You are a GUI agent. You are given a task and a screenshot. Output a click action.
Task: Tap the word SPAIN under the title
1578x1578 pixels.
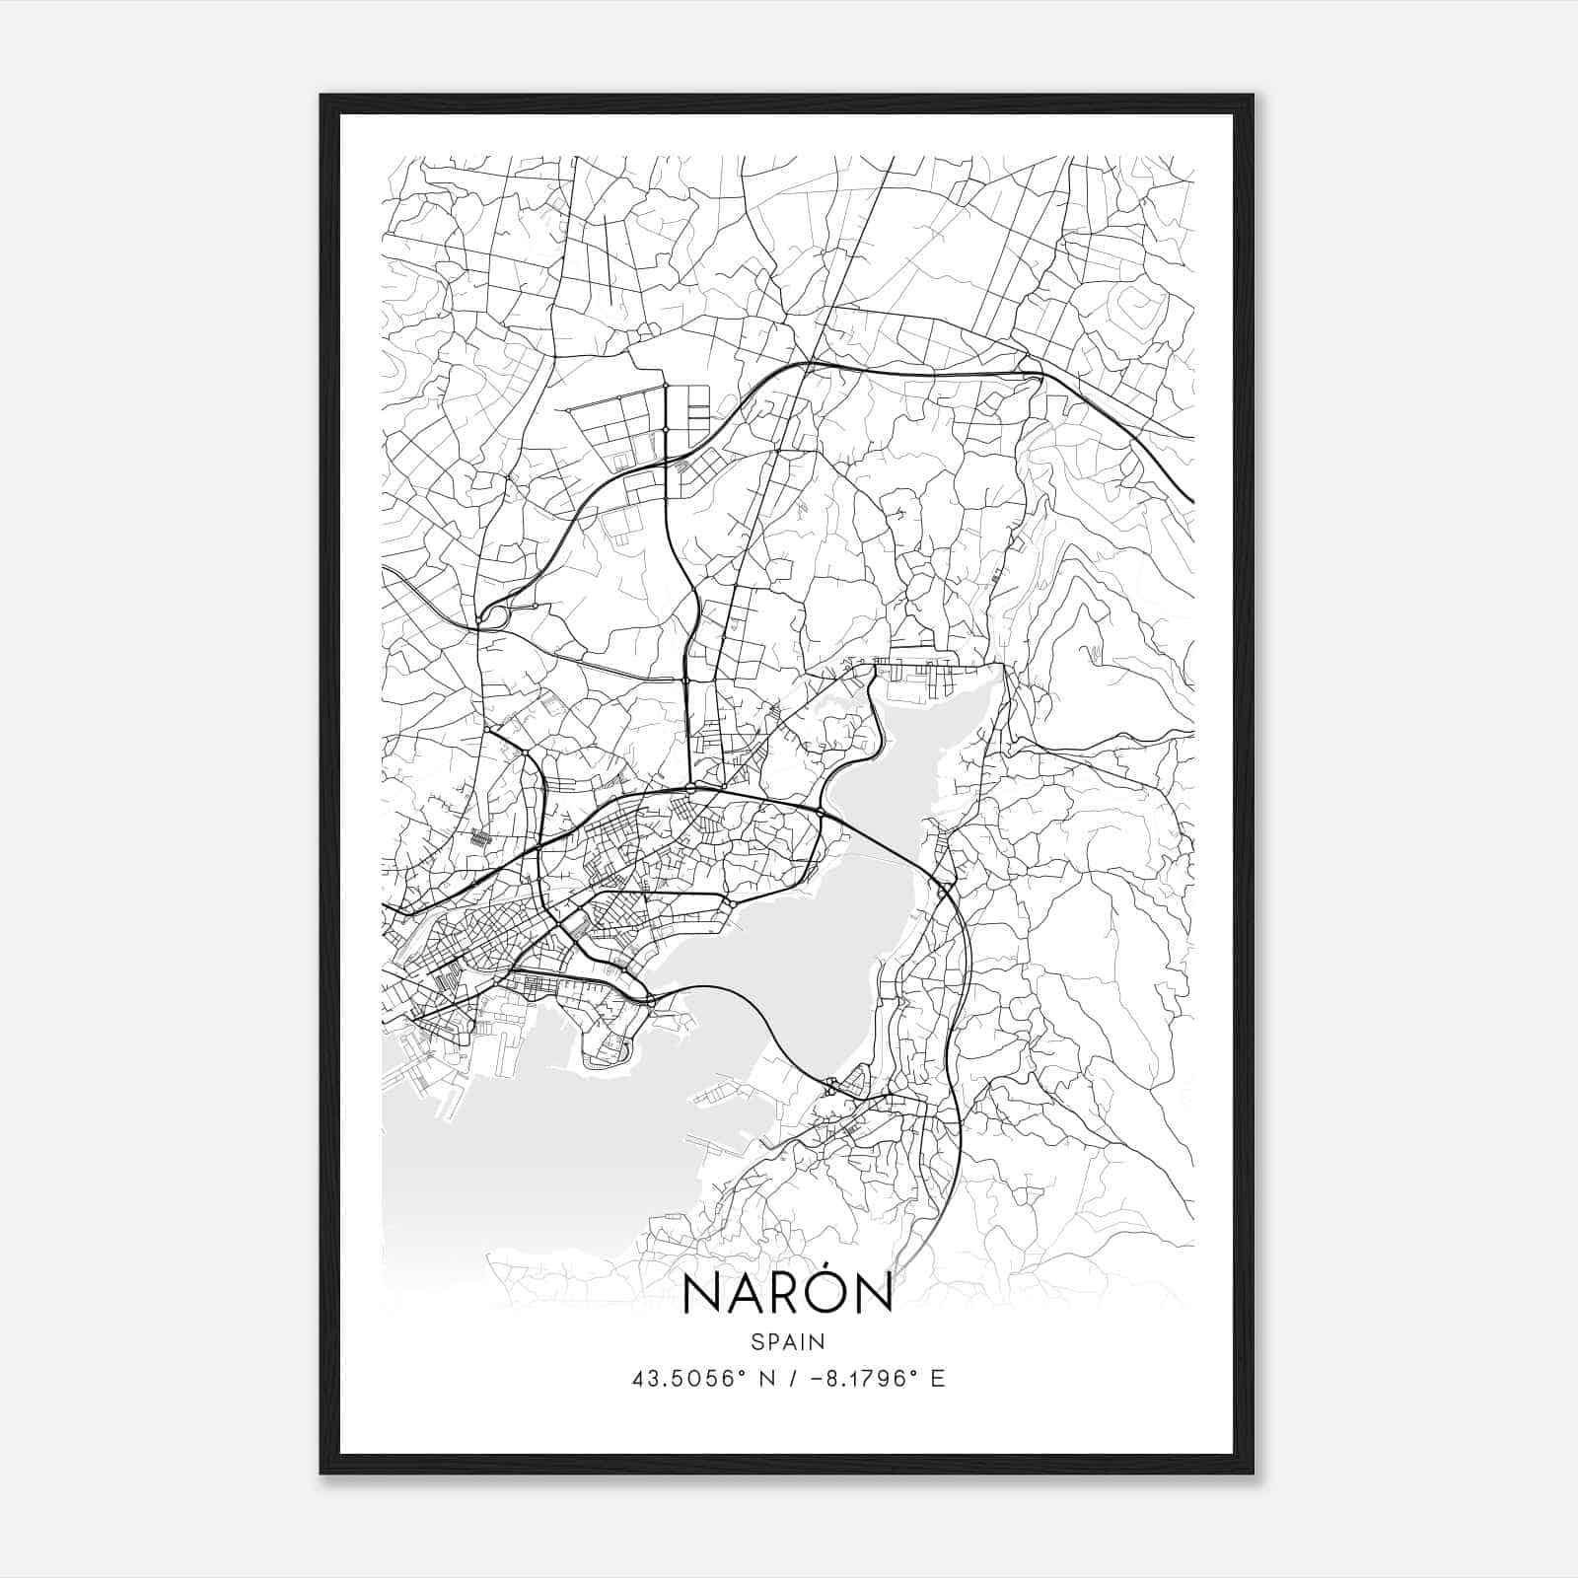[788, 1341]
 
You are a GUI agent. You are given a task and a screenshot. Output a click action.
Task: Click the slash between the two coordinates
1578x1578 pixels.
[778, 1379]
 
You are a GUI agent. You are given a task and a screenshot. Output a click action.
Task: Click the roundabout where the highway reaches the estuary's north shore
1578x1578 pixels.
[821, 812]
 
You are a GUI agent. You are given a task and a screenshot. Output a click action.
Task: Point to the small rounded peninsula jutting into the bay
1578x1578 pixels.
[607, 1045]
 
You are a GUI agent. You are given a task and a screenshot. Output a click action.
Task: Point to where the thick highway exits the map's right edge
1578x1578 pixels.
[1191, 499]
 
